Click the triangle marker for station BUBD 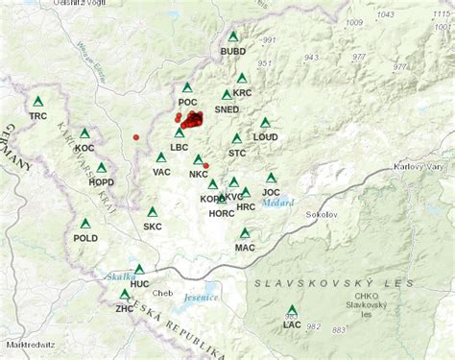pos(233,36)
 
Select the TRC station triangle pos(38,102)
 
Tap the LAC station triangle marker pos(293,310)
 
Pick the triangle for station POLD pos(86,223)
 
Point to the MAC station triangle pos(246,233)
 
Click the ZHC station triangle pos(125,295)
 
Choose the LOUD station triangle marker pos(266,123)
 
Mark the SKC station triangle pos(153,212)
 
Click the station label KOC pos(84,148)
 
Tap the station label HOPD pos(101,181)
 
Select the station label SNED pos(227,109)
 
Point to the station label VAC pos(161,172)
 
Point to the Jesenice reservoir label pos(202,298)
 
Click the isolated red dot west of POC pos(136,137)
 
